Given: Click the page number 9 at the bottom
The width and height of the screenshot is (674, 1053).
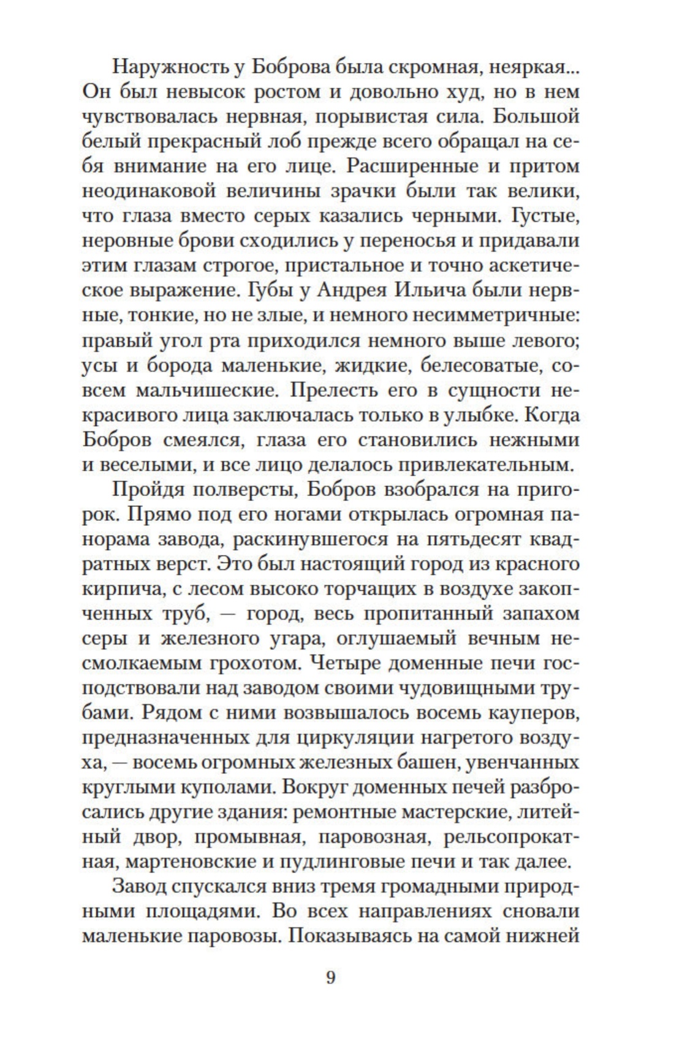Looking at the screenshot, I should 331,977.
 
